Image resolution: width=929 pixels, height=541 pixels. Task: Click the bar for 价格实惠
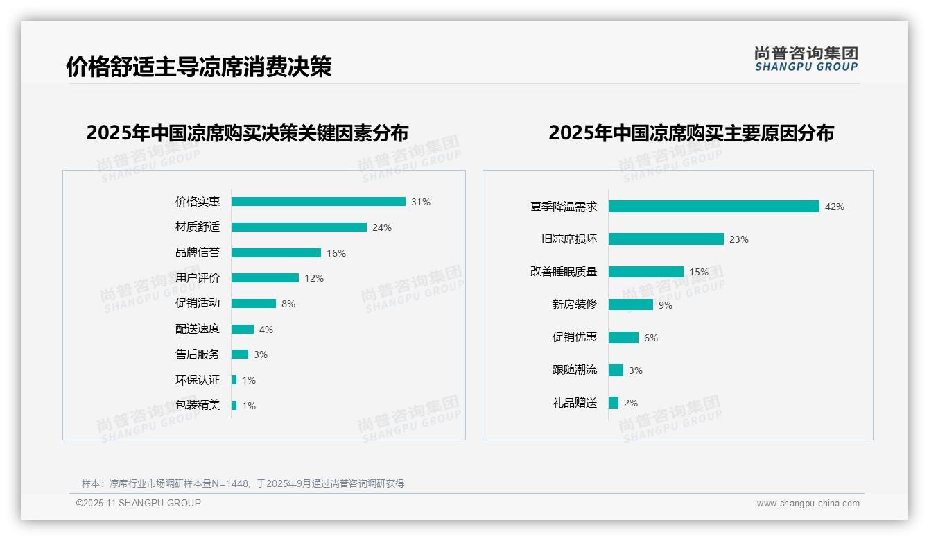[318, 202]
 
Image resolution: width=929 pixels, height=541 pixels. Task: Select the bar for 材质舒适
[299, 227]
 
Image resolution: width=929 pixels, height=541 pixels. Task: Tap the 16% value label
[336, 253]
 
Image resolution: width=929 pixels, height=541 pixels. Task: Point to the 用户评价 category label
[198, 278]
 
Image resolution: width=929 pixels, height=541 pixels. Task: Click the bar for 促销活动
[254, 304]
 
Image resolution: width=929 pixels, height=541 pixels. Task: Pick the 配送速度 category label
[198, 329]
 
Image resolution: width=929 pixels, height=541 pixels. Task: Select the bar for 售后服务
[240, 354]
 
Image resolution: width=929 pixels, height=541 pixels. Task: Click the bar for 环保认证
[234, 380]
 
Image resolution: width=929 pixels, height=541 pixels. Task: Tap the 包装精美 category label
[198, 405]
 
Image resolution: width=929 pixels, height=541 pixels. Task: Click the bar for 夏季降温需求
[714, 207]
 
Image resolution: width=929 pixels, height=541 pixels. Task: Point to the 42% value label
[835, 207]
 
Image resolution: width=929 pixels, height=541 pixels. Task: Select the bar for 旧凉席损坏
[666, 239]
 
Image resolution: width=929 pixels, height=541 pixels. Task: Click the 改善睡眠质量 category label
[564, 272]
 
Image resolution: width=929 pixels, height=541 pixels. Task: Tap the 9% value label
[666, 305]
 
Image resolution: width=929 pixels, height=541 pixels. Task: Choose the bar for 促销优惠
[624, 338]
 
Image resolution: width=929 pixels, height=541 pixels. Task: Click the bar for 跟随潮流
[616, 370]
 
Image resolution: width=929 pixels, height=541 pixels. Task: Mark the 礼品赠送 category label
[575, 403]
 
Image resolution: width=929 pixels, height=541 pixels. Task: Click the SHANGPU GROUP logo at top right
[806, 59]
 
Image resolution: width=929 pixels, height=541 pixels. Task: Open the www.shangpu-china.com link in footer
[808, 504]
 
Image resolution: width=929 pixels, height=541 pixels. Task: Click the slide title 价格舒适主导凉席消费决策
[199, 67]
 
